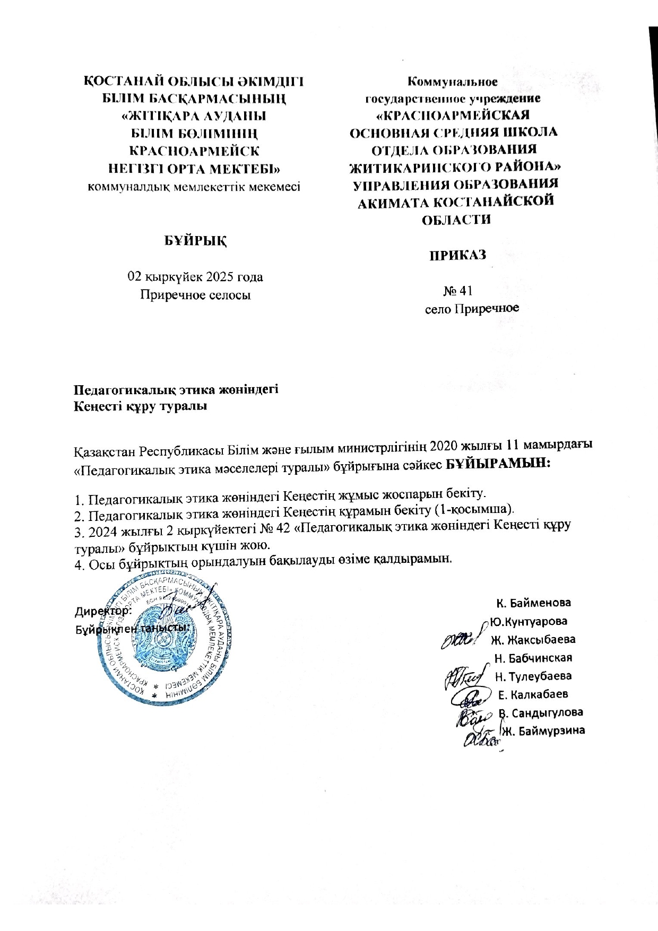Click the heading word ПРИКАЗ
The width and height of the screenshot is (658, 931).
tap(457, 255)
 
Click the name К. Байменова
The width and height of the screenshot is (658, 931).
tap(533, 603)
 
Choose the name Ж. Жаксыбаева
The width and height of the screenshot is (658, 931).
tap(533, 640)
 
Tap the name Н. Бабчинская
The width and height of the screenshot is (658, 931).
tap(533, 658)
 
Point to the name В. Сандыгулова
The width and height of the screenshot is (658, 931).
tap(540, 712)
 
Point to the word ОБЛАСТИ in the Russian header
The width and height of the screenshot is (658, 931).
tap(455, 219)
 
